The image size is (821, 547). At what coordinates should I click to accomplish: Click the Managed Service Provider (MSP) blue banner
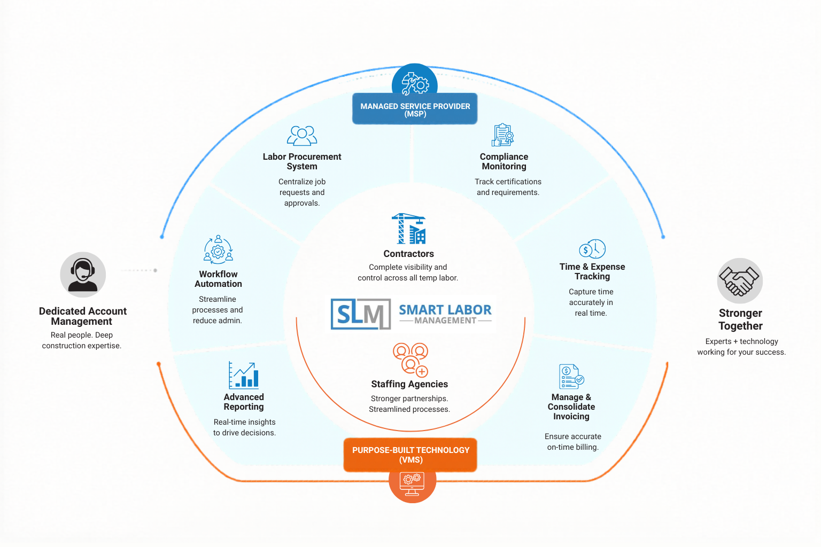[415, 109]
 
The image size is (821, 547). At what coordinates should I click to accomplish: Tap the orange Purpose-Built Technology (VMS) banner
[410, 455]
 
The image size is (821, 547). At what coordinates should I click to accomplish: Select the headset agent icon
[83, 275]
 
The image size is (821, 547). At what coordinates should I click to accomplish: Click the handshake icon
[740, 280]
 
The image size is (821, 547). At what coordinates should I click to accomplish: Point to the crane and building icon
[409, 229]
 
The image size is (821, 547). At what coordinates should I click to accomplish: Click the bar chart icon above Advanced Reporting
[244, 375]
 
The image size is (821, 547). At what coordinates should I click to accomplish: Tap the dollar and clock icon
[592, 249]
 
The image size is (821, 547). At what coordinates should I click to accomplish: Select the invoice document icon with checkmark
[571, 376]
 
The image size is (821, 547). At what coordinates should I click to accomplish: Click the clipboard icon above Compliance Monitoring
[503, 135]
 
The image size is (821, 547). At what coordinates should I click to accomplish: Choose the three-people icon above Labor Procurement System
[301, 136]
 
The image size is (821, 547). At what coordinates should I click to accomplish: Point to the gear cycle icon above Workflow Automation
[218, 249]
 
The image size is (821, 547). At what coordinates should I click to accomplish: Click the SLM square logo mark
[361, 314]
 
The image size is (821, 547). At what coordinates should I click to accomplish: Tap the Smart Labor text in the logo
[445, 310]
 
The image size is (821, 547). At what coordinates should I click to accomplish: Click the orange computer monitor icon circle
[412, 485]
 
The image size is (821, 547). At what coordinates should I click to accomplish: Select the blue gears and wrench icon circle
[415, 81]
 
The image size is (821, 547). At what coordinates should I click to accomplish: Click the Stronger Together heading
[740, 319]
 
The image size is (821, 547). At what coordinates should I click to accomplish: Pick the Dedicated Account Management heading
[82, 316]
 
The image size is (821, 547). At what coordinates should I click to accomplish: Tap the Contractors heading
[409, 254]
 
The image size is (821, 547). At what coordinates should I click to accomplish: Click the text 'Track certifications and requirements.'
[508, 187]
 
